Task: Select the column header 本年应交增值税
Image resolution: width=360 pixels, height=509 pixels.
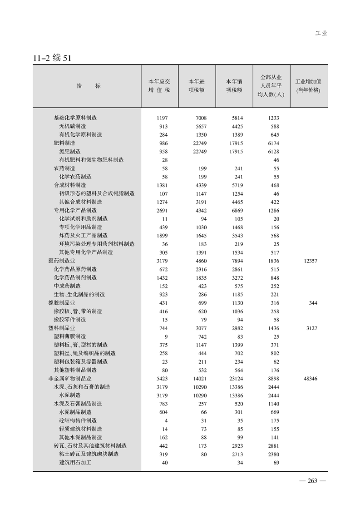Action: (159, 85)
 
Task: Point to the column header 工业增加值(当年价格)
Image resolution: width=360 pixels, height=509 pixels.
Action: (308, 85)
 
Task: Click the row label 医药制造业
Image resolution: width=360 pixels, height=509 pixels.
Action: (62, 261)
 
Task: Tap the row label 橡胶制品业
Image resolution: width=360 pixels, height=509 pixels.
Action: (62, 303)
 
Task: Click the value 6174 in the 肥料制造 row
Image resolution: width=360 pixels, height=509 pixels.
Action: (273, 143)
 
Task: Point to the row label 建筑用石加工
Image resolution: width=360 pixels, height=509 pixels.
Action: (75, 462)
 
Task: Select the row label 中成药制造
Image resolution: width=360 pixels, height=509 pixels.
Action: (67, 286)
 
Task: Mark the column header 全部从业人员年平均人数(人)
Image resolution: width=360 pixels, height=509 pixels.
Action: (271, 85)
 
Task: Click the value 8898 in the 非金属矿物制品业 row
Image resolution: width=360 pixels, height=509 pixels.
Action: (273, 378)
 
